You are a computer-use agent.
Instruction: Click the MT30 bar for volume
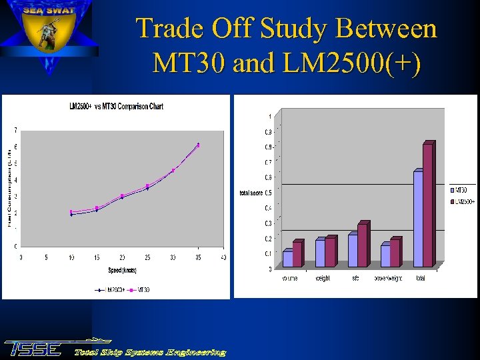point(288,259)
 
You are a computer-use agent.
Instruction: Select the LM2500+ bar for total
point(427,205)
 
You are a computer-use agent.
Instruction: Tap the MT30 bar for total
point(418,219)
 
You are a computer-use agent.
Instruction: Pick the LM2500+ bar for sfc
point(362,245)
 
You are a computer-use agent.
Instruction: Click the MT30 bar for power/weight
point(385,256)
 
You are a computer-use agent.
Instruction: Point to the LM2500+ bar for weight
point(330,252)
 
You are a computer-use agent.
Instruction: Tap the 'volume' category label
point(290,279)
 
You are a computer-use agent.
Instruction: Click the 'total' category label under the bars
point(420,279)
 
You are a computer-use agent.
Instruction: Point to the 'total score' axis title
point(251,193)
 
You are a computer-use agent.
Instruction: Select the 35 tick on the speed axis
point(198,257)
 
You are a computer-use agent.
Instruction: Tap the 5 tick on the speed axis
point(46,257)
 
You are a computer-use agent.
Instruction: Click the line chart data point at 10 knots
point(71,213)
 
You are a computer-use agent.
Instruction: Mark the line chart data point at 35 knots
point(198,145)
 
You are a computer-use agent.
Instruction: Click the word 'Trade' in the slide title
point(169,29)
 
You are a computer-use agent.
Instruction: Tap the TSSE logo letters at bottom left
point(33,348)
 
